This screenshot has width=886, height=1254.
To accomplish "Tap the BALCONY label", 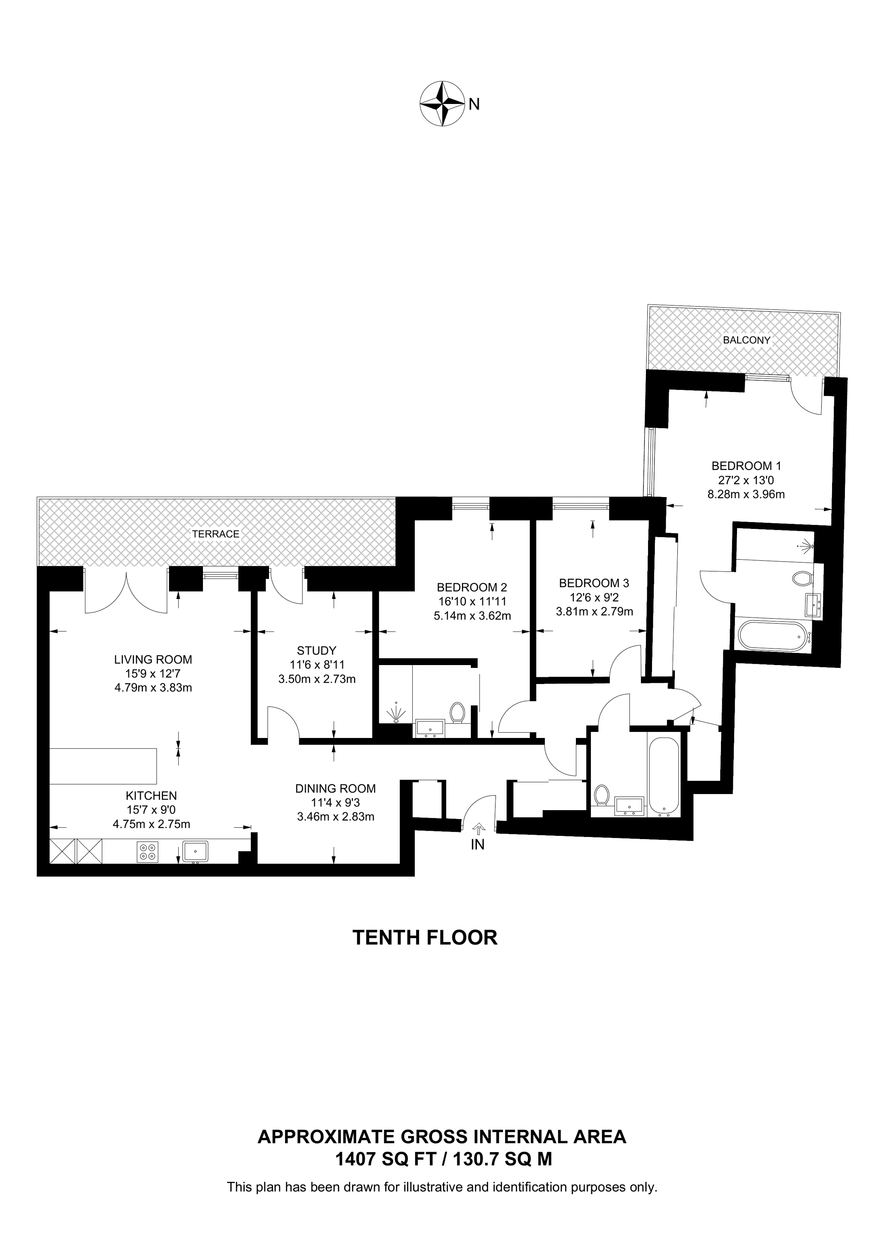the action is tap(746, 340).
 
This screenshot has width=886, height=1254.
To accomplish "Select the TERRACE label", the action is tap(215, 534).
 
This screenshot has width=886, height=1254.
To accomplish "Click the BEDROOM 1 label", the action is tap(746, 466).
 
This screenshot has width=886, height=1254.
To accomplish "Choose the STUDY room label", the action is tap(317, 651).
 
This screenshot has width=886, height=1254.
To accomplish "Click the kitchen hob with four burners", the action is tap(147, 852).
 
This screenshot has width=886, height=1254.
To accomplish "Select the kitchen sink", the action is tap(195, 851).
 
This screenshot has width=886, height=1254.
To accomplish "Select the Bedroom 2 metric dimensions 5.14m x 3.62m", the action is tap(472, 616).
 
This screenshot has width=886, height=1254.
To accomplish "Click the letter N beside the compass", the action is tap(474, 104).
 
